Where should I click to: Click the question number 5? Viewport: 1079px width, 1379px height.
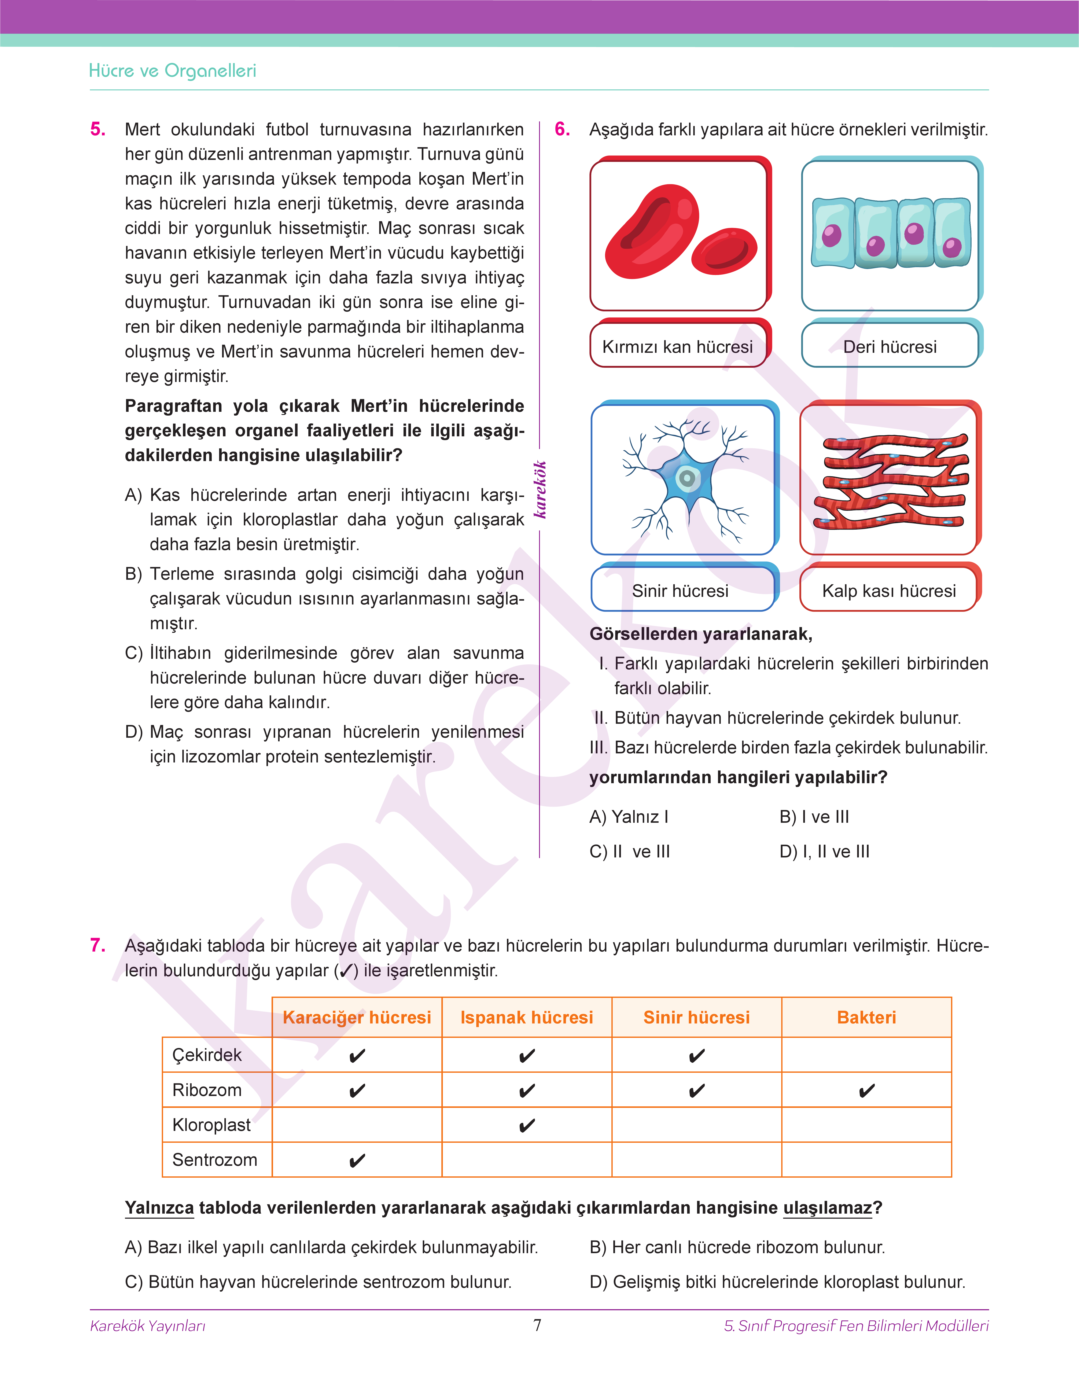[x=98, y=129]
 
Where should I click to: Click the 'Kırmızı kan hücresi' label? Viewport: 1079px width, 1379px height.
[x=677, y=347]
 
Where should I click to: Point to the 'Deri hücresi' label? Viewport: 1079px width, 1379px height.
[x=890, y=347]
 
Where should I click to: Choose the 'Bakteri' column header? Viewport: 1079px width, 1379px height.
[x=866, y=1018]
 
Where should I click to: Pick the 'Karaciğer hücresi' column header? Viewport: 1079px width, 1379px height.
[x=357, y=1018]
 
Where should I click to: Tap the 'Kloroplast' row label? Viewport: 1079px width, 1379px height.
[x=212, y=1125]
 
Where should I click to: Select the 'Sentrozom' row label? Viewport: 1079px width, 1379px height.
[x=215, y=1160]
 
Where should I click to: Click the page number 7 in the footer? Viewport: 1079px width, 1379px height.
[x=538, y=1325]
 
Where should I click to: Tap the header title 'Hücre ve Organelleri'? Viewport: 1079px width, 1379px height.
[x=172, y=71]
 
